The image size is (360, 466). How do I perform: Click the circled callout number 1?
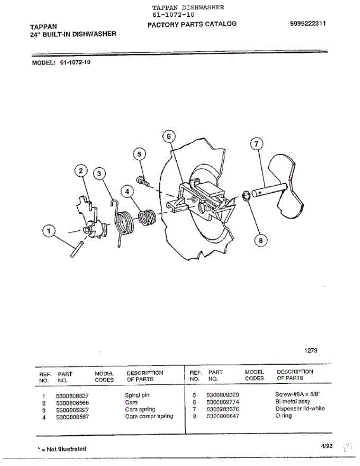[49, 232]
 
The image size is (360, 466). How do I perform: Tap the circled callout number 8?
[261, 240]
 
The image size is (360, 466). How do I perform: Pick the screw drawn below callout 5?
[142, 181]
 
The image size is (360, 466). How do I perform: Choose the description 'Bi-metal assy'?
[292, 402]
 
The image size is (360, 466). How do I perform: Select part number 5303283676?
[223, 409]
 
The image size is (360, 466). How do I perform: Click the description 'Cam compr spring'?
[149, 416]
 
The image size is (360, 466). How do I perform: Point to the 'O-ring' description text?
[283, 416]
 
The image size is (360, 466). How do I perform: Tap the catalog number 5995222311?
[308, 23]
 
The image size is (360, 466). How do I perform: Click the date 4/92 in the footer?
[327, 446]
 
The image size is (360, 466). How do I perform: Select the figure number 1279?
[311, 350]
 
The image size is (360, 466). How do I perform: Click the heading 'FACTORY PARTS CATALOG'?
[192, 24]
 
